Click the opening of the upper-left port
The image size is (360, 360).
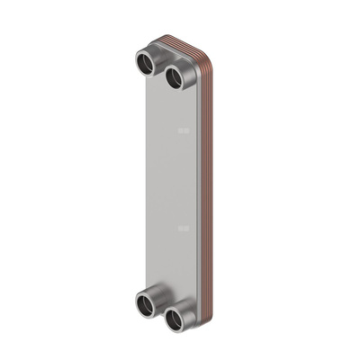click(x=144, y=64)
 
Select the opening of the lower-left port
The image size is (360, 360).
click(x=145, y=304)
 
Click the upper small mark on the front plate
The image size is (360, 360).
click(x=184, y=130)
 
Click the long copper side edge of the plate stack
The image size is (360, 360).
click(x=208, y=180)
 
